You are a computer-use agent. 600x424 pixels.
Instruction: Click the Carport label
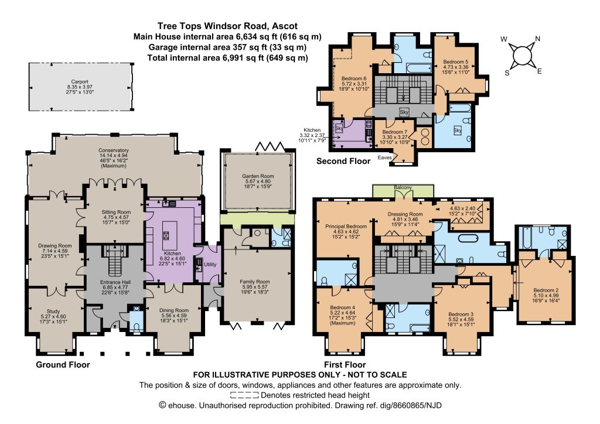80,87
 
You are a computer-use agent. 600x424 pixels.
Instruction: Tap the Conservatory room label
114,158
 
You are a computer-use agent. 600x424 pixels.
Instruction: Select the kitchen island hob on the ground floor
166,235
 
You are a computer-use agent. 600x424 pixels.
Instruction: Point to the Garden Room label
258,181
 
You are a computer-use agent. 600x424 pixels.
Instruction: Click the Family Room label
254,286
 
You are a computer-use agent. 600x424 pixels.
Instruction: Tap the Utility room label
210,264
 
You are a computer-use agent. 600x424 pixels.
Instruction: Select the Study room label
53,317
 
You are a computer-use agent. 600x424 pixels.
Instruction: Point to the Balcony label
403,188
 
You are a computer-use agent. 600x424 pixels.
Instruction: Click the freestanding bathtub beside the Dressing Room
465,238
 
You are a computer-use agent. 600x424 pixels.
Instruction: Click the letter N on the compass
537,39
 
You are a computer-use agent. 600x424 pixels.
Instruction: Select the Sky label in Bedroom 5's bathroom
458,130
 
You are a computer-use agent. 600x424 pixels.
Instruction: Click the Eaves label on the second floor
384,157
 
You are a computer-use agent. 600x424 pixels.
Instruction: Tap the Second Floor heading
343,161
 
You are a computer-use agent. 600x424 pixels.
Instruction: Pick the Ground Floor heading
63,364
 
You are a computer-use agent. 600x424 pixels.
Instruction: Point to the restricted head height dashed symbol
244,395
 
